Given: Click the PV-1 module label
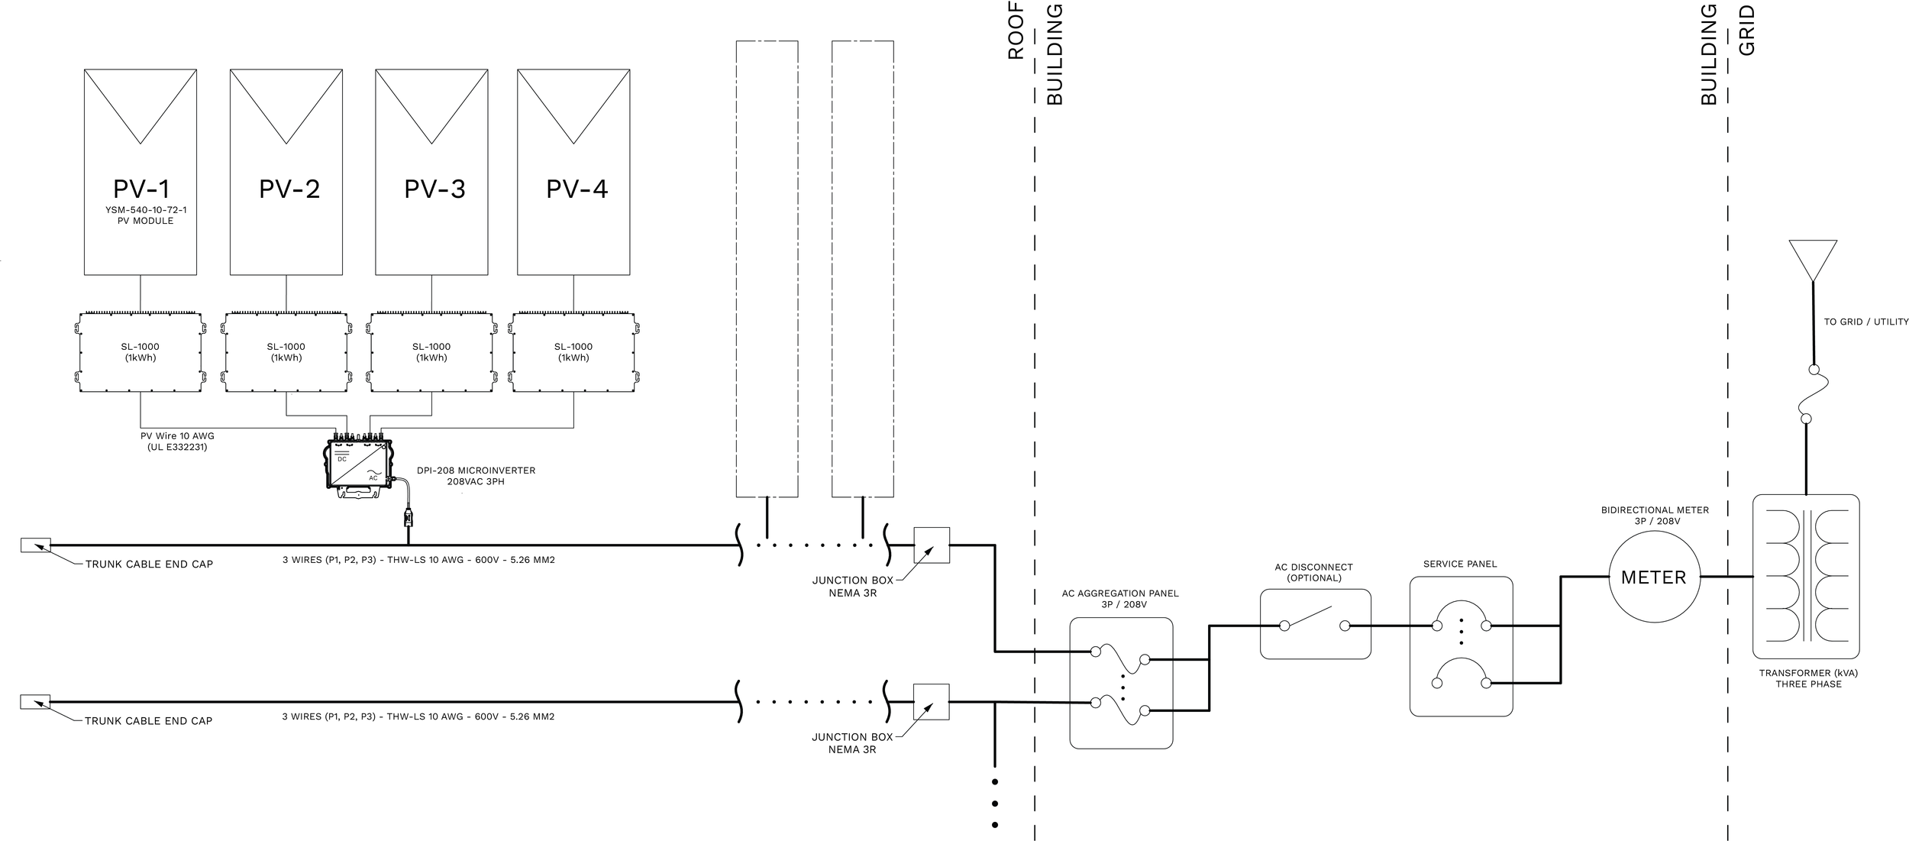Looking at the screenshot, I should tap(141, 189).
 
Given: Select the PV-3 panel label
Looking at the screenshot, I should tap(434, 189).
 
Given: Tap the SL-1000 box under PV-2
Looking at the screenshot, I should tap(286, 352).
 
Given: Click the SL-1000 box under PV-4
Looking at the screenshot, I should tap(573, 352).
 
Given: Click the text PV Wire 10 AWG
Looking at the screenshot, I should tap(177, 436).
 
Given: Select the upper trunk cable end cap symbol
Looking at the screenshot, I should tap(35, 545).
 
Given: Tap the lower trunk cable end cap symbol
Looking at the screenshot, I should tap(35, 702).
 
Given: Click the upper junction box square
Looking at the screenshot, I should tap(932, 545).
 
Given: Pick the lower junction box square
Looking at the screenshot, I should tap(932, 702).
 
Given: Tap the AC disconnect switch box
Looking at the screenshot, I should tap(1315, 624).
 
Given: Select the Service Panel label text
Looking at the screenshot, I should tap(1460, 564).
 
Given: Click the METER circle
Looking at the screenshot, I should tap(1653, 577).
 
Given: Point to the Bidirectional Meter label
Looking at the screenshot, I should tap(1655, 516).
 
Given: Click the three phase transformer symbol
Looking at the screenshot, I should tap(1805, 577).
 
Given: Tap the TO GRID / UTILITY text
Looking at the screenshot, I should tap(1865, 322).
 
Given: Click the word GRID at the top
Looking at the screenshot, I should tap(1747, 31).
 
